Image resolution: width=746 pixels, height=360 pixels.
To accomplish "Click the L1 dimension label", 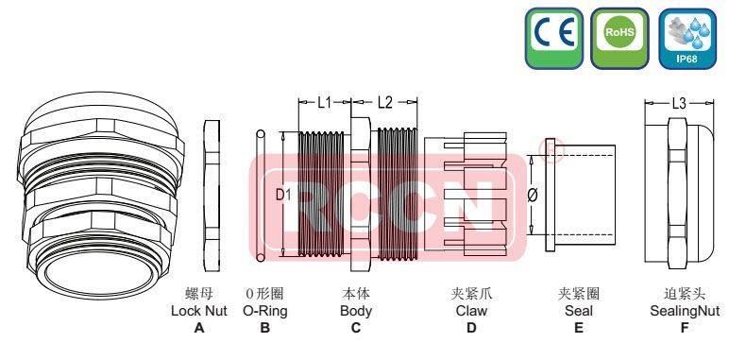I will (324, 101).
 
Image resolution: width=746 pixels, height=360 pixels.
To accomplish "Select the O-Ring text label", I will (264, 310).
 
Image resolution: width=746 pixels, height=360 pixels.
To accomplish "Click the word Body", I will (355, 310).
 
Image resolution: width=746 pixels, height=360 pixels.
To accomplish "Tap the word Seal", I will (578, 310).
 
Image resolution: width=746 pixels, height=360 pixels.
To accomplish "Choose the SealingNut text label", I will (682, 310).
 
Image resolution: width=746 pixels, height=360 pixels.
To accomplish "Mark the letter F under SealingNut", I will (682, 328).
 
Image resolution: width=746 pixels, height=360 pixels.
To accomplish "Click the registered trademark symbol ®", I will (546, 147).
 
